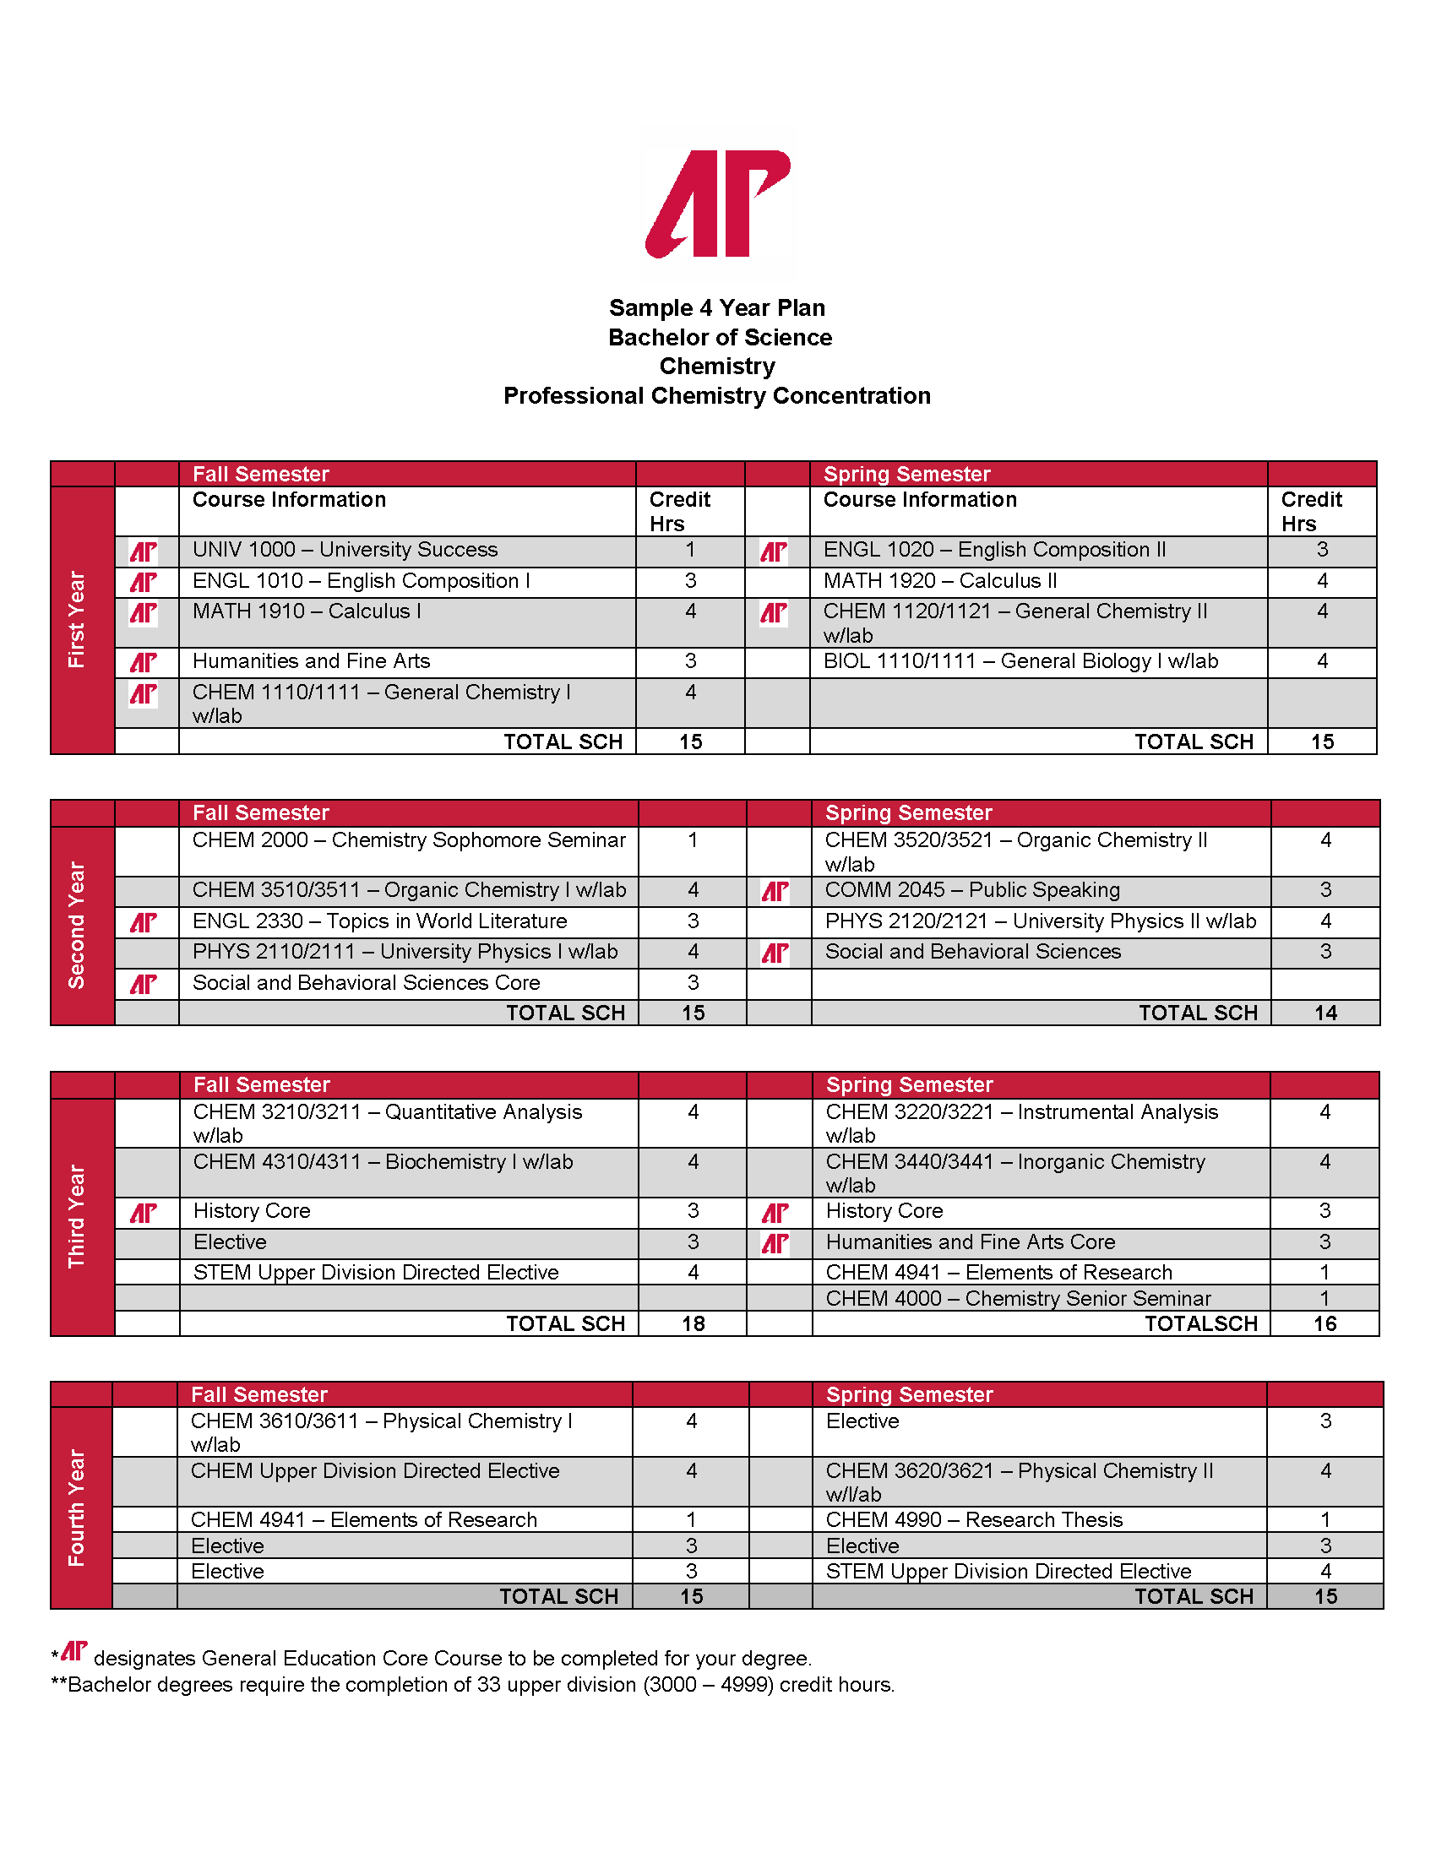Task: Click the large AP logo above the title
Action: pos(718,204)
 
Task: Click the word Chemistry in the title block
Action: pos(717,366)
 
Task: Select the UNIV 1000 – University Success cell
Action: pos(345,551)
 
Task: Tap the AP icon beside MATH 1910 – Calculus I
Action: pos(143,612)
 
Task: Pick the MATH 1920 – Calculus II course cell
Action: pos(940,581)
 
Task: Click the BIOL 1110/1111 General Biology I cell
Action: pos(1020,661)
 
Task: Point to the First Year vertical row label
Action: pos(77,619)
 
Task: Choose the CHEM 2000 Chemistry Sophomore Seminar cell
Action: pos(408,840)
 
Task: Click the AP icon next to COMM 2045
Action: pos(775,892)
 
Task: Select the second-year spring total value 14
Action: pos(1325,1013)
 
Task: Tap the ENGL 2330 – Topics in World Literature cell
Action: pos(379,921)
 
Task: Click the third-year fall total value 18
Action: pos(694,1323)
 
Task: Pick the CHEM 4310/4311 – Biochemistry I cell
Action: pos(383,1162)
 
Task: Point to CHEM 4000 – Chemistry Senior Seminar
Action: pos(1018,1298)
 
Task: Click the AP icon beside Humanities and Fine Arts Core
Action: pos(775,1244)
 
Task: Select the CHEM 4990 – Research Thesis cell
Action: pos(974,1520)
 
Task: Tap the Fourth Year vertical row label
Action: pos(77,1508)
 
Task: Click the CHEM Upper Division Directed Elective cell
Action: pos(375,1471)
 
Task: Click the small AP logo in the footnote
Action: pos(74,1651)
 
